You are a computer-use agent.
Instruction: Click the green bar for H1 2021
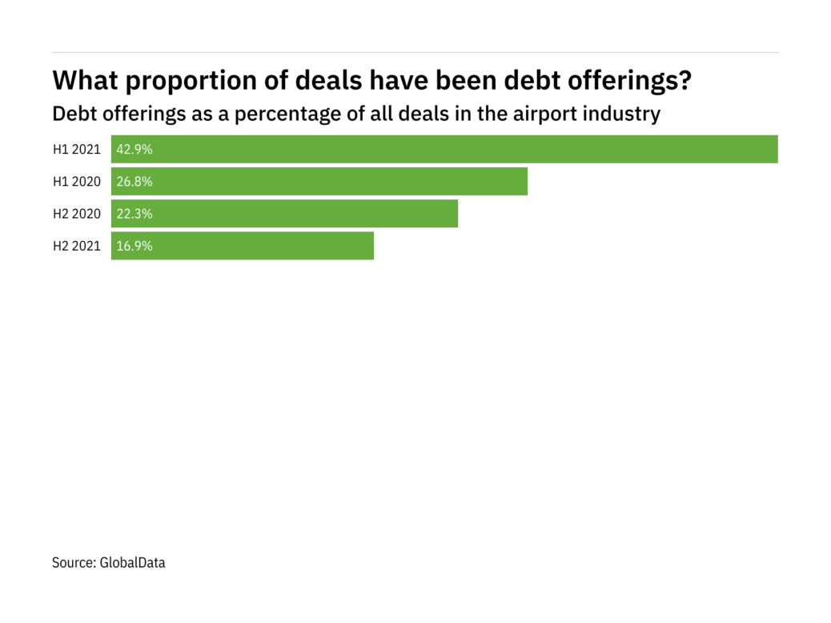(444, 149)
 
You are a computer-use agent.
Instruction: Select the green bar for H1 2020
(319, 181)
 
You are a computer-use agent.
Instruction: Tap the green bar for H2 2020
(284, 214)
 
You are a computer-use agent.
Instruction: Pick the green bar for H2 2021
(243, 246)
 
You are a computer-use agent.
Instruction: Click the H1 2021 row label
(77, 149)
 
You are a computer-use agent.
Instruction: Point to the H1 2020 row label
(77, 182)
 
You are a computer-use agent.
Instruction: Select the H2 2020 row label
(77, 214)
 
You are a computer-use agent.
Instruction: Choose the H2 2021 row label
(77, 246)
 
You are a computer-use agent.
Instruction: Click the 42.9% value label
(134, 149)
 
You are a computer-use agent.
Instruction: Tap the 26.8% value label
(134, 182)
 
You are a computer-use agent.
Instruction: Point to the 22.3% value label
(134, 214)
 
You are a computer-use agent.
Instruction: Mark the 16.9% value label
(134, 246)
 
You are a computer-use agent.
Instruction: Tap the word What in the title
(84, 80)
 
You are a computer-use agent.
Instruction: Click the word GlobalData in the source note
(132, 563)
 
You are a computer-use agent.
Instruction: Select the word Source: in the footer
(74, 563)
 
